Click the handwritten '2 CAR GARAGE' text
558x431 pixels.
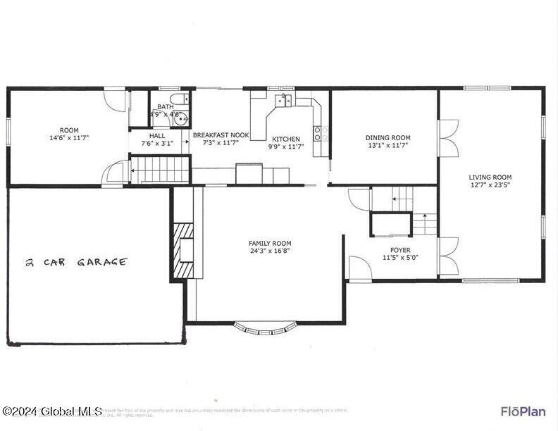[76, 262]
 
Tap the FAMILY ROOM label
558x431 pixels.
[270, 243]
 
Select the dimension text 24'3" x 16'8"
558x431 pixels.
[270, 251]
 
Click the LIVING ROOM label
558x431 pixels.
[490, 177]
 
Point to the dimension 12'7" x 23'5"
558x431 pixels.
[490, 185]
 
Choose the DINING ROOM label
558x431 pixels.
[387, 138]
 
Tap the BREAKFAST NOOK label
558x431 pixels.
[221, 135]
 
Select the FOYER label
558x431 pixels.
[400, 250]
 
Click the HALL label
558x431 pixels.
[157, 135]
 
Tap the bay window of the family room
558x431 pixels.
[266, 327]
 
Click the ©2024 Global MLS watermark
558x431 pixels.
[52, 411]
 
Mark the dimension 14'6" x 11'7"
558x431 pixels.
[69, 138]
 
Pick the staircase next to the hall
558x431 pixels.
[161, 170]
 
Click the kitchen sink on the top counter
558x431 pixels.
[285, 99]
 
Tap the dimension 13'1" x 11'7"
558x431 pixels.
[387, 146]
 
